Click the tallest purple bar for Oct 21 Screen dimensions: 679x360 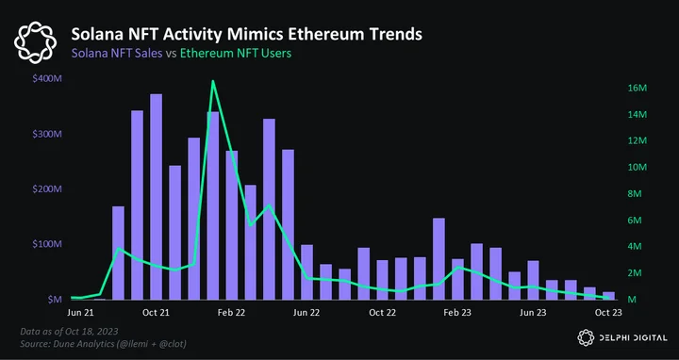156,196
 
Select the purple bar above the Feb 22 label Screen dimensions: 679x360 232,225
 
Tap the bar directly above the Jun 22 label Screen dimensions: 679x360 307,271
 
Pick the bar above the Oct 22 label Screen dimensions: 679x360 382,280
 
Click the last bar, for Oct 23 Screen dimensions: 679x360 608,296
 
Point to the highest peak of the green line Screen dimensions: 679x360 212,81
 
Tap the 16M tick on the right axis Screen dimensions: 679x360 637,89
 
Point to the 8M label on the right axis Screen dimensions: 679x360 635,194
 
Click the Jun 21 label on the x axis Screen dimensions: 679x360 80,313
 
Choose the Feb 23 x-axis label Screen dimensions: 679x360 457,313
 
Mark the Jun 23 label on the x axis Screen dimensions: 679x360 533,313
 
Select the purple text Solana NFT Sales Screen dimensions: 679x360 117,53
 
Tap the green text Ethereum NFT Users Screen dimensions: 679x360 236,53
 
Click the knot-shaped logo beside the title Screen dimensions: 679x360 35,42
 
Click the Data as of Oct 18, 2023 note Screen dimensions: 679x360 69,332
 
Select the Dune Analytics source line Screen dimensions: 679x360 103,344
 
